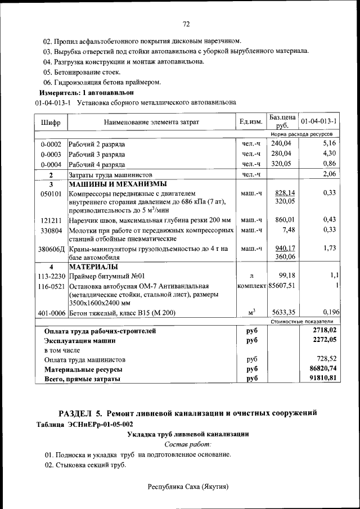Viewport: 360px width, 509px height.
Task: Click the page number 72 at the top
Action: coord(186,24)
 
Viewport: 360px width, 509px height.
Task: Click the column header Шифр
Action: coord(51,122)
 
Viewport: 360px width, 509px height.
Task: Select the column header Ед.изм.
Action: coord(251,122)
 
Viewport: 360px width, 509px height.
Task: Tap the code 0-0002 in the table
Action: coord(51,145)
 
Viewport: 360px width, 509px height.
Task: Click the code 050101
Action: coord(51,193)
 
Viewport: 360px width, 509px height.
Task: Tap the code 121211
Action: coord(51,219)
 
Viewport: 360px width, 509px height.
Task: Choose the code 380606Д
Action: coord(51,249)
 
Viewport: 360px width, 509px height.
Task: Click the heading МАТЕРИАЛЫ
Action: coord(93,266)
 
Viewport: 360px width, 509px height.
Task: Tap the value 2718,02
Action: coord(324,331)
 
